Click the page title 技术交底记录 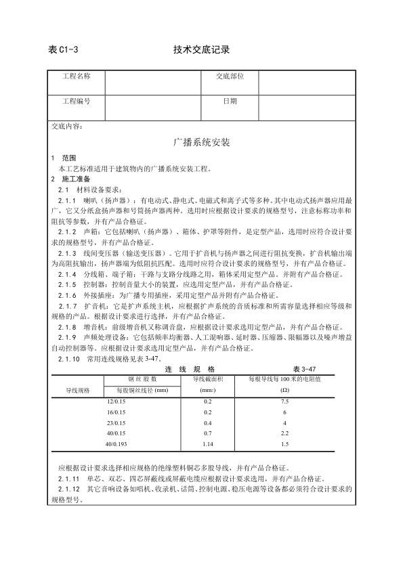click(x=202, y=50)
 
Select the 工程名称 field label click(x=76, y=77)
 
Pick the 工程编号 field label click(x=76, y=101)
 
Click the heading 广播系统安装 click(x=202, y=143)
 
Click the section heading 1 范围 click(x=64, y=157)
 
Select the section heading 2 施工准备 click(x=69, y=179)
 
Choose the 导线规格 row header click(x=78, y=391)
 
